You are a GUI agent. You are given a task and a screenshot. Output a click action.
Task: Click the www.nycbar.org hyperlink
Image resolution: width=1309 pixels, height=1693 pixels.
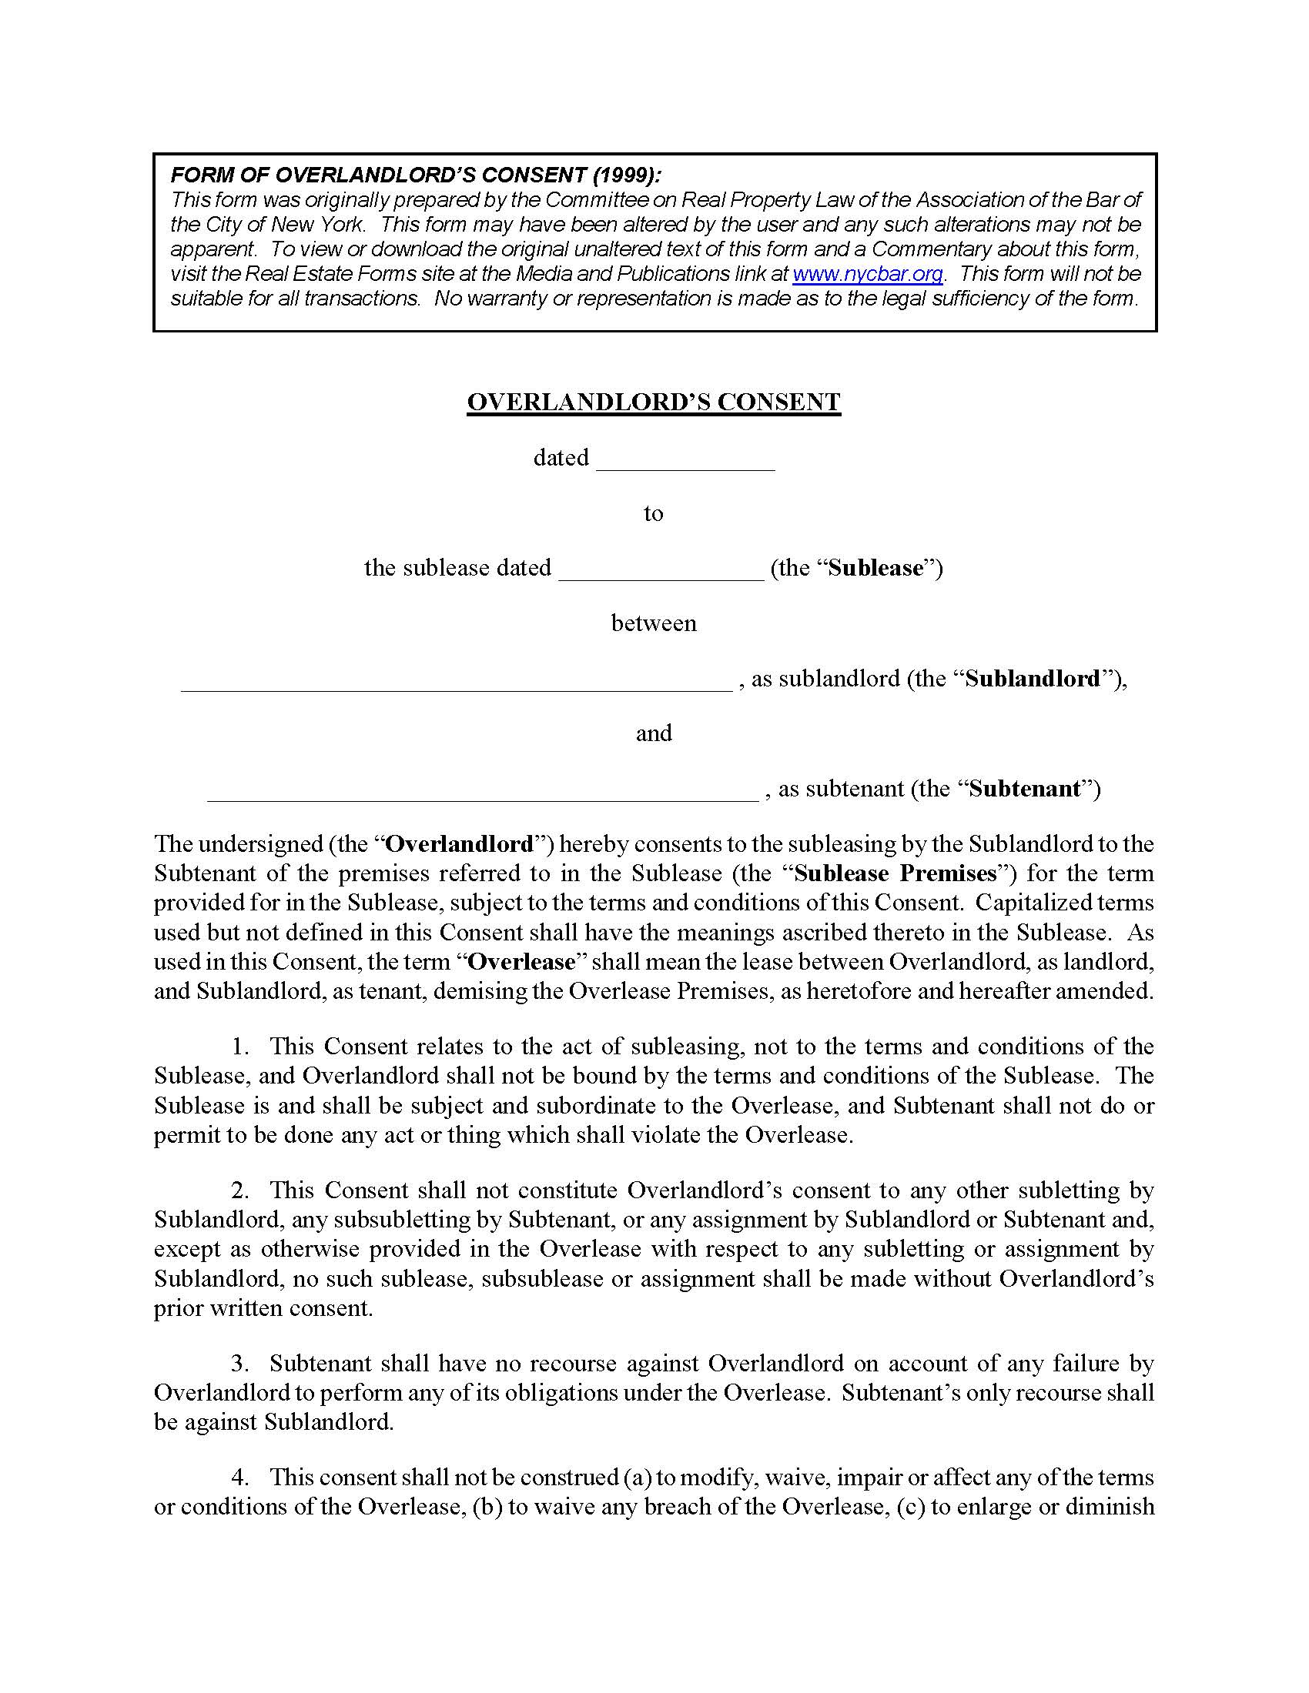867,274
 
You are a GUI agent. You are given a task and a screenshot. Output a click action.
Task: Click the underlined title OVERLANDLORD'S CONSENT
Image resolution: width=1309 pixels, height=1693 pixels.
653,402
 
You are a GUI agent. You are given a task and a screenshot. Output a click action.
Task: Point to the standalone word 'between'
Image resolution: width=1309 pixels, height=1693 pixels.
653,623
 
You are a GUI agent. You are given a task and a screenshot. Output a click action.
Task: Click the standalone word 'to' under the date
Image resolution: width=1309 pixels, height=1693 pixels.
653,513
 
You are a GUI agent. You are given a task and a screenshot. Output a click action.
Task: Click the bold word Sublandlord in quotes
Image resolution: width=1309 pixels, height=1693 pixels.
1032,679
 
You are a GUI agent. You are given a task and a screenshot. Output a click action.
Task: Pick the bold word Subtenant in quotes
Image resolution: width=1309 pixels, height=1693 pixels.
1024,789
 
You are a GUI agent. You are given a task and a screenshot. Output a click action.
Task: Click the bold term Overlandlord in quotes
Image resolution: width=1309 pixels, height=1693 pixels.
460,843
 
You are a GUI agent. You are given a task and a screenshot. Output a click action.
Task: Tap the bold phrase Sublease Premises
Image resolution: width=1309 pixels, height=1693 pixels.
895,873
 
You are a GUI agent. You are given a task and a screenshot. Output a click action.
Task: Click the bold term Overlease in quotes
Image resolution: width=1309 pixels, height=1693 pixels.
522,962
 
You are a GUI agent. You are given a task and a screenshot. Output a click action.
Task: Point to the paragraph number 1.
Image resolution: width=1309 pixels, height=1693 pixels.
239,1047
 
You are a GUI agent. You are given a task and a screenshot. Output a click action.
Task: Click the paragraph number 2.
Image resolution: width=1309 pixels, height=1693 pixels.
239,1190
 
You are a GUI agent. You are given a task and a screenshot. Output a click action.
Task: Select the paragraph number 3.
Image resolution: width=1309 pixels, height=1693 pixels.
239,1363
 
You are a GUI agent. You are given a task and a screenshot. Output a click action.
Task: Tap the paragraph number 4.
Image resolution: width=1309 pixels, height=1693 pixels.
239,1477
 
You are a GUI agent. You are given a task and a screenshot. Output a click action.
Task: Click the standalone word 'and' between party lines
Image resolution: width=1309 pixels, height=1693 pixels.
653,733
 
